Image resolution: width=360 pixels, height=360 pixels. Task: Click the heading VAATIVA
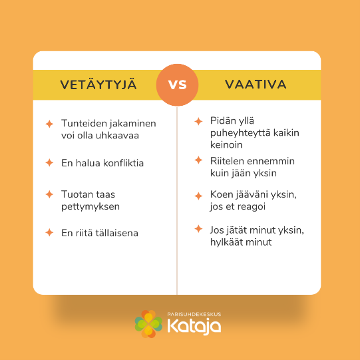256,84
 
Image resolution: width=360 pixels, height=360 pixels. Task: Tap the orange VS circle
177,85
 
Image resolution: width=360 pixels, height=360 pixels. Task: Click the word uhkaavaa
117,135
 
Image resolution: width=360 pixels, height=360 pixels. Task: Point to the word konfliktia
124,163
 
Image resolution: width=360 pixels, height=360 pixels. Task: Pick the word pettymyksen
90,207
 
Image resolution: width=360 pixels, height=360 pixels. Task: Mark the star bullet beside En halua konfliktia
49,162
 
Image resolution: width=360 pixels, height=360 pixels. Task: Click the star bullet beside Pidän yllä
198,121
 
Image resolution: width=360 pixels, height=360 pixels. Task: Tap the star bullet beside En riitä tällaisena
49,232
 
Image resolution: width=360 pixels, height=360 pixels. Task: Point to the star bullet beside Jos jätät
198,229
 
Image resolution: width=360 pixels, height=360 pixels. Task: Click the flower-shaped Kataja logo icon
148,323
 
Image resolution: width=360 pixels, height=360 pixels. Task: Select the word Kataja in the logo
194,326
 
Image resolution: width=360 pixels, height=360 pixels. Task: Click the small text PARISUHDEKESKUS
194,314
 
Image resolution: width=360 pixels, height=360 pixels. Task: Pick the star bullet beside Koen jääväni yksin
198,196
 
